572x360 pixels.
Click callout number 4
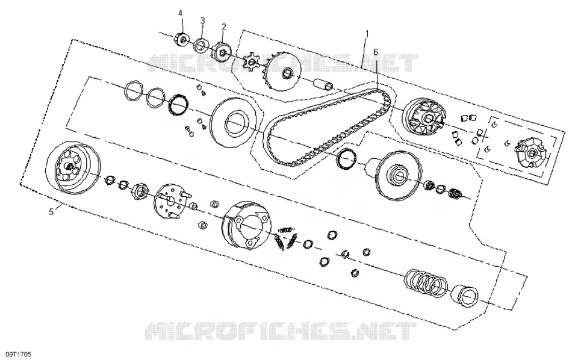[180, 13]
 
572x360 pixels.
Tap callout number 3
[202, 20]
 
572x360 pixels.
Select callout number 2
[223, 26]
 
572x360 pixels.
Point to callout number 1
[367, 34]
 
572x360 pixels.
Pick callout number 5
[51, 211]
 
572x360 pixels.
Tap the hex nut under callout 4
[181, 39]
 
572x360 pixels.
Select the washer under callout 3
[201, 45]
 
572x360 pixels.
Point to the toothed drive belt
[328, 126]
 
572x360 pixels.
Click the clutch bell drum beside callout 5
[73, 167]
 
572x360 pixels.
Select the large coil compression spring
[425, 282]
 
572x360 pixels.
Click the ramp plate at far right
[529, 152]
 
